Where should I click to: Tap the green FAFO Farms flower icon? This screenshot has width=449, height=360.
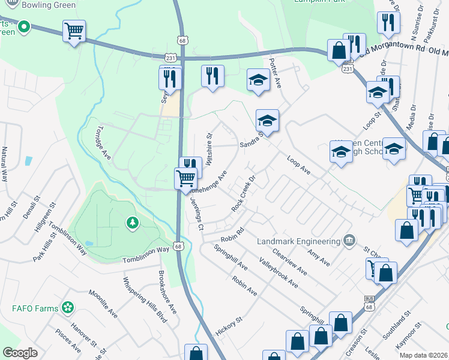tap(68, 308)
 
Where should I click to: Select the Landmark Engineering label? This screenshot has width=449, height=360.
tap(298, 241)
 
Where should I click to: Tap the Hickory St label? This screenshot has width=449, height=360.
tap(229, 327)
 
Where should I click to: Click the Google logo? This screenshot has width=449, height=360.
tap(20, 353)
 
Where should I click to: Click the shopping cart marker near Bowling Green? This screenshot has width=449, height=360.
tap(74, 31)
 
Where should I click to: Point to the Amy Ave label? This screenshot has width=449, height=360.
tap(318, 259)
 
